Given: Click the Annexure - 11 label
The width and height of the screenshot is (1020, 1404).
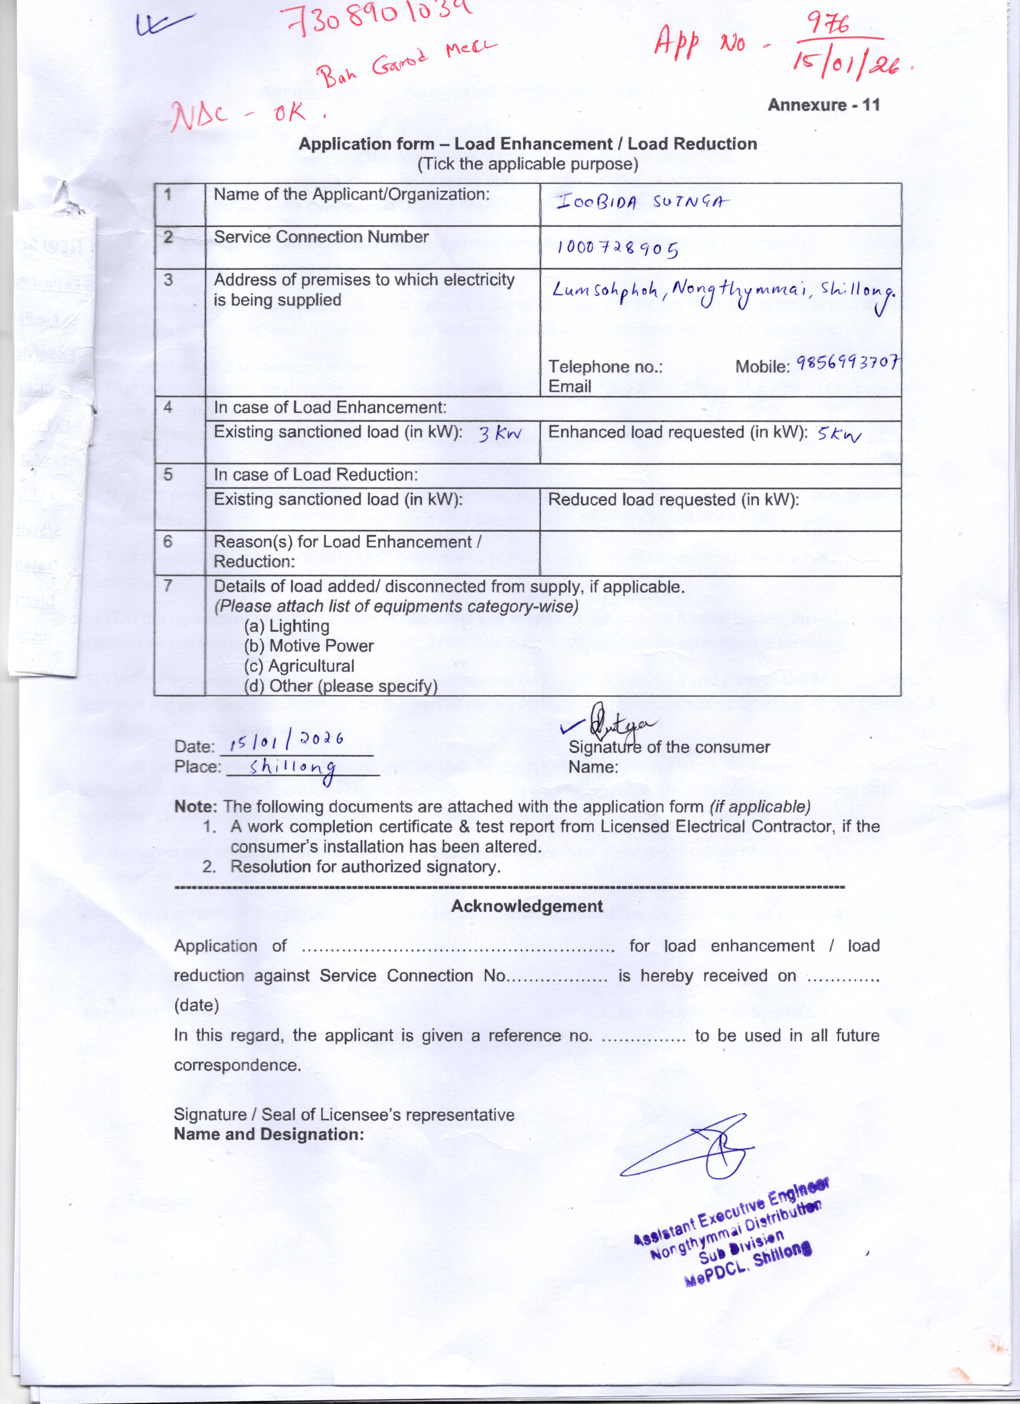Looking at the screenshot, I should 823,105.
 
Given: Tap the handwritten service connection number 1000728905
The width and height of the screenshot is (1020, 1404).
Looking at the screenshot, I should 618,248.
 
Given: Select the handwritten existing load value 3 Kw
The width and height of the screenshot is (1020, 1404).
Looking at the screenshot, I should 500,434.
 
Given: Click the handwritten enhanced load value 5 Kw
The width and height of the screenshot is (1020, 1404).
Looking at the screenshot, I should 839,434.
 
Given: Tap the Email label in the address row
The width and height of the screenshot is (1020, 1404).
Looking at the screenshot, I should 570,386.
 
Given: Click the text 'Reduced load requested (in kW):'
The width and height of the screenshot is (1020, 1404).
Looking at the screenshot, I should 673,500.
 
